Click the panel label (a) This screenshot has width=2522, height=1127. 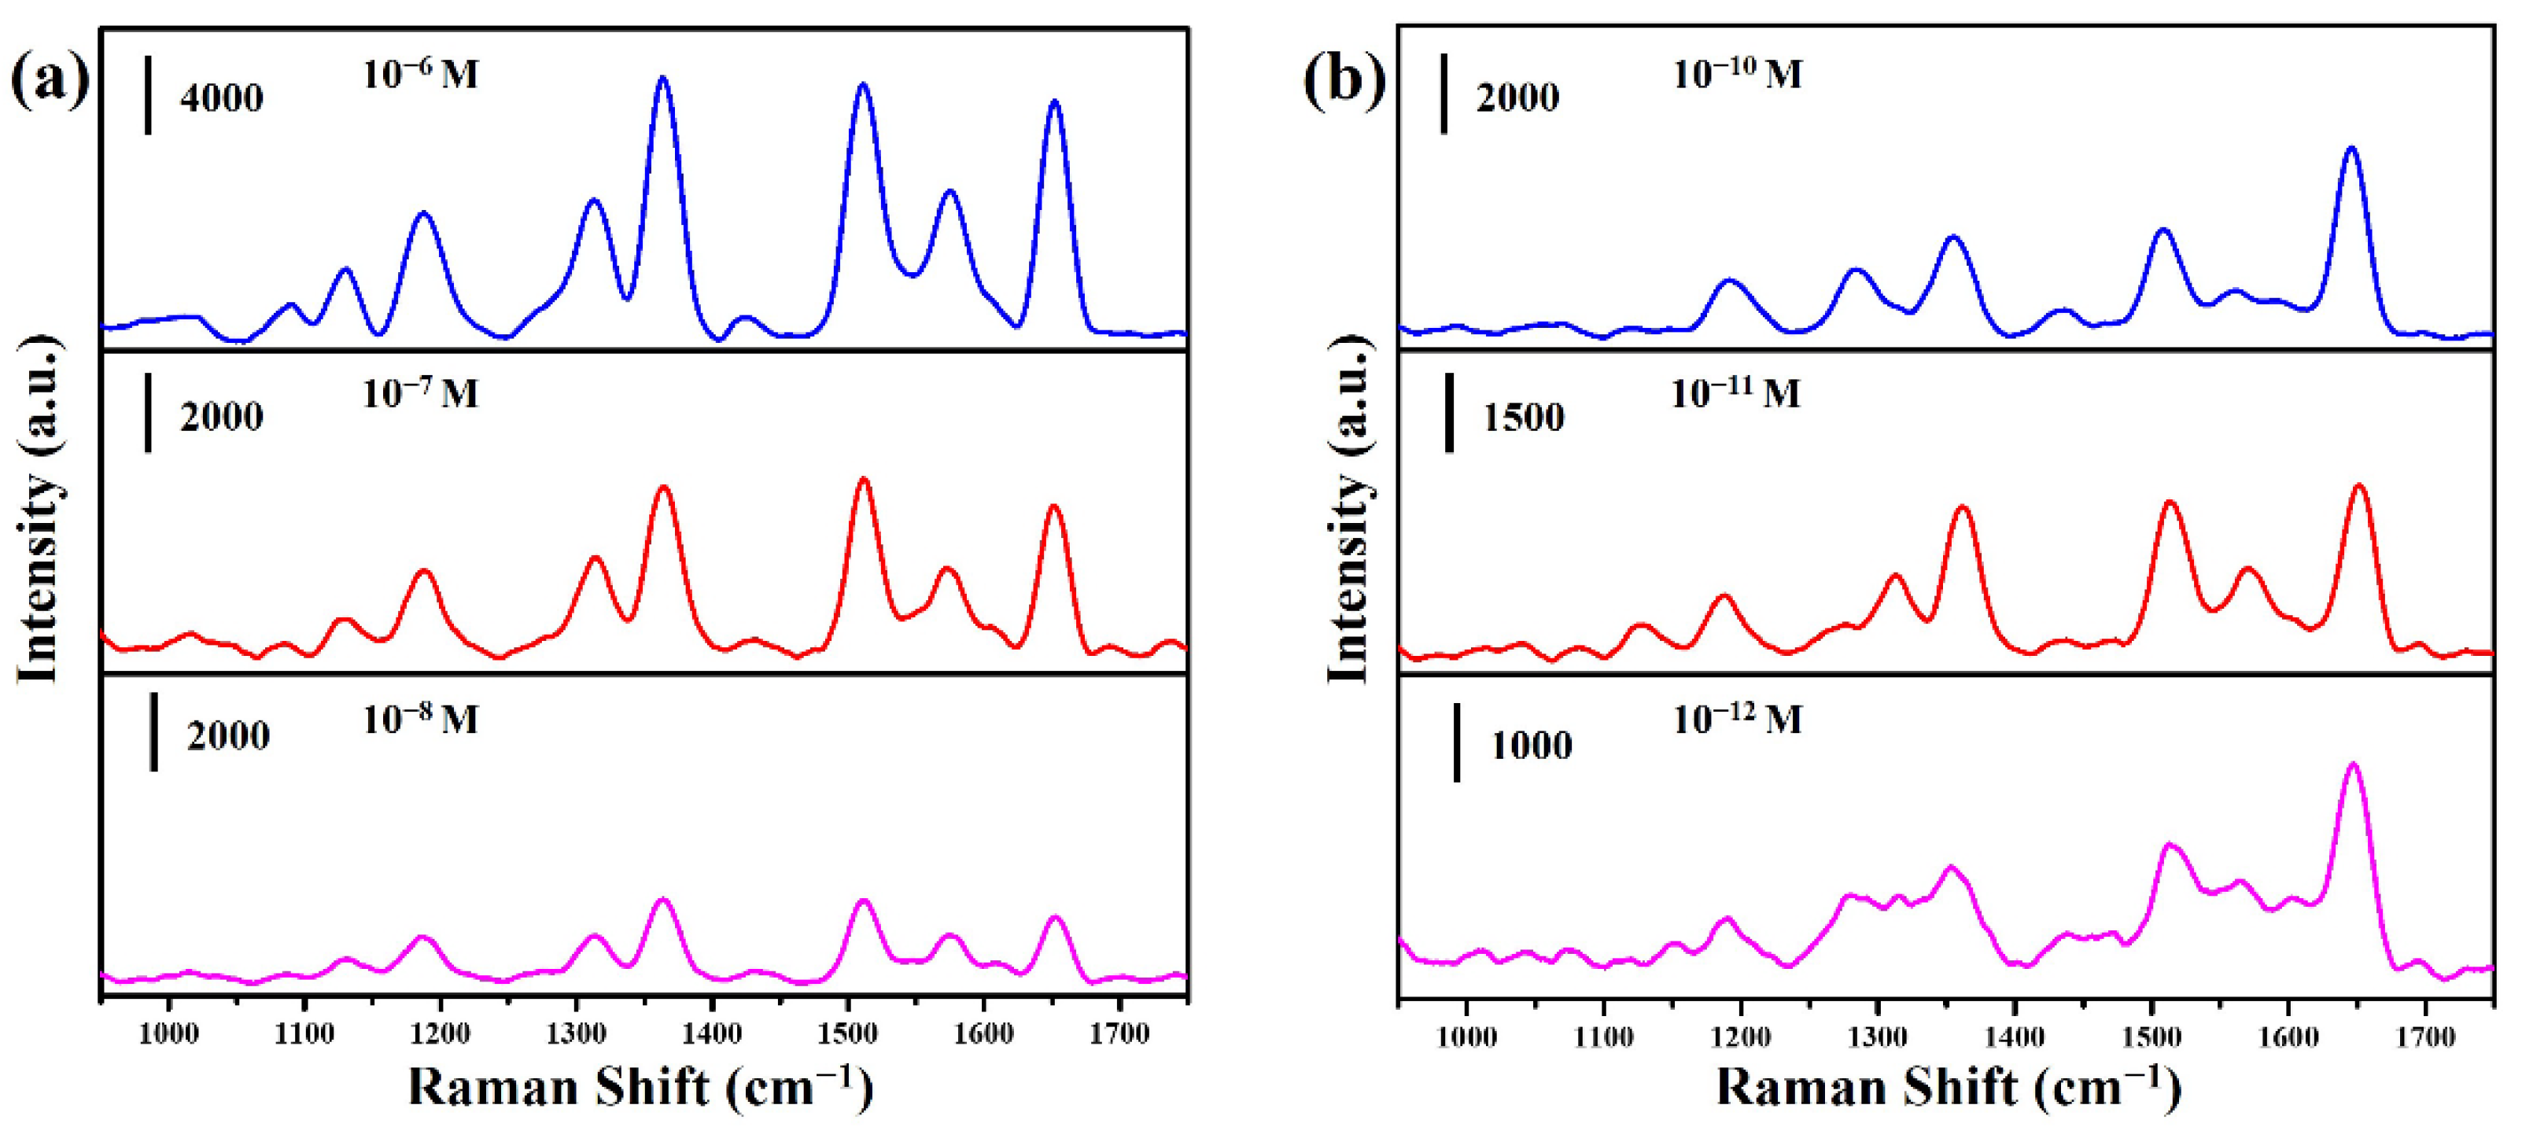pos(49,80)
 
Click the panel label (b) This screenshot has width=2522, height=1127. pos(1344,80)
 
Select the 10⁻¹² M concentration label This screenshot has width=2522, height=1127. pos(1736,720)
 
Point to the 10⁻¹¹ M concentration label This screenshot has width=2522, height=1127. pos(1734,393)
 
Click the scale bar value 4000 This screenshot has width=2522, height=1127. pos(221,98)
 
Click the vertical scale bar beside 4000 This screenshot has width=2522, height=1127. pos(148,94)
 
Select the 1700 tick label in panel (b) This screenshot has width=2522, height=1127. pos(2425,1037)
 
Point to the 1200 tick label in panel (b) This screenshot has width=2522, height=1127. pos(1740,1037)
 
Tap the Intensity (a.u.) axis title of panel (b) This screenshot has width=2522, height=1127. pos(1349,509)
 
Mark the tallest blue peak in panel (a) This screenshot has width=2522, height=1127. pos(663,79)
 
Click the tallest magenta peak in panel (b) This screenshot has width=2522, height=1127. pos(2354,764)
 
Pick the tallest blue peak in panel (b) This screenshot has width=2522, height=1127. pos(2351,149)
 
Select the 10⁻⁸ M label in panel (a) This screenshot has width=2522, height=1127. pos(420,720)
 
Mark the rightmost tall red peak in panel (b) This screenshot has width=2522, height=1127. pos(2358,487)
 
